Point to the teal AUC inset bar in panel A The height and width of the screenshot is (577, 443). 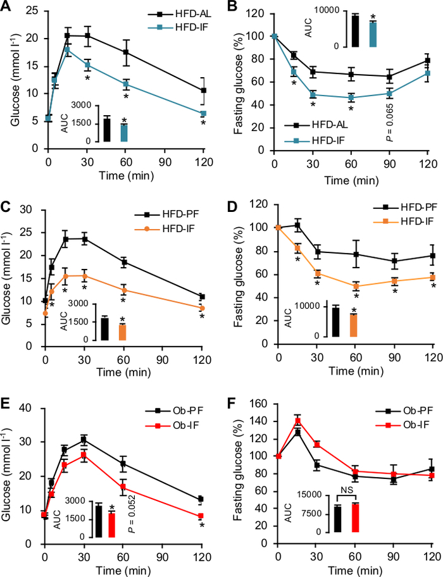pyautogui.click(x=124, y=133)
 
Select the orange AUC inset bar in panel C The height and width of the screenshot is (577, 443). pyautogui.click(x=123, y=332)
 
